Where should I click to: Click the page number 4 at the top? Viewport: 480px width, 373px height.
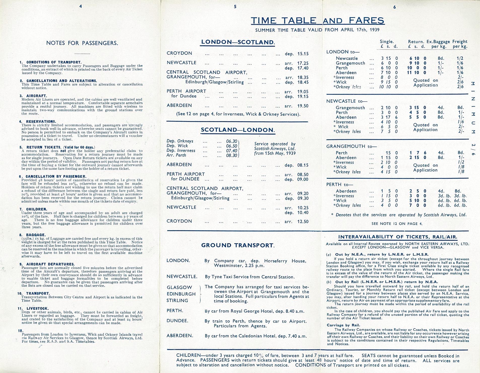coord(81,6)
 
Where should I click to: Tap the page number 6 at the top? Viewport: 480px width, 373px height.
coord(394,7)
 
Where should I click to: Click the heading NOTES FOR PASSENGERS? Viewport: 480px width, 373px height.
coord(82,43)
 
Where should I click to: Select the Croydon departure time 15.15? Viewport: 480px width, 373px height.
coord(303,54)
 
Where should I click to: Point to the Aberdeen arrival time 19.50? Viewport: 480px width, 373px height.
coord(303,106)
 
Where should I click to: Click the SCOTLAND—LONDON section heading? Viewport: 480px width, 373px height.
coord(237,130)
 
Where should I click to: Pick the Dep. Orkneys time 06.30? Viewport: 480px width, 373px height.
coord(231,141)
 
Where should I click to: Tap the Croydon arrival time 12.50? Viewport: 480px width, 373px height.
coord(303,222)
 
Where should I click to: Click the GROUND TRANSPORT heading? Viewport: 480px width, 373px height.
coord(238,245)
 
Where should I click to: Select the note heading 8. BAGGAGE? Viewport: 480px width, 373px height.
coord(32,235)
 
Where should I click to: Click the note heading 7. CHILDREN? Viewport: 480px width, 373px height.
coord(33,209)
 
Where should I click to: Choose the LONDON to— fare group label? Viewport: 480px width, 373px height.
coord(343,52)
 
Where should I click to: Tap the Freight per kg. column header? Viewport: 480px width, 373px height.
coord(460,44)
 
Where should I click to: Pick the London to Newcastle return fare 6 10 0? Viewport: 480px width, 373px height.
coord(418,58)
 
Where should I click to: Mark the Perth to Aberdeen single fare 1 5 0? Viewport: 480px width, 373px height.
coord(389,191)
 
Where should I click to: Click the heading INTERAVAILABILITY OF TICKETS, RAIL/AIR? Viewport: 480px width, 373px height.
coord(398,237)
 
